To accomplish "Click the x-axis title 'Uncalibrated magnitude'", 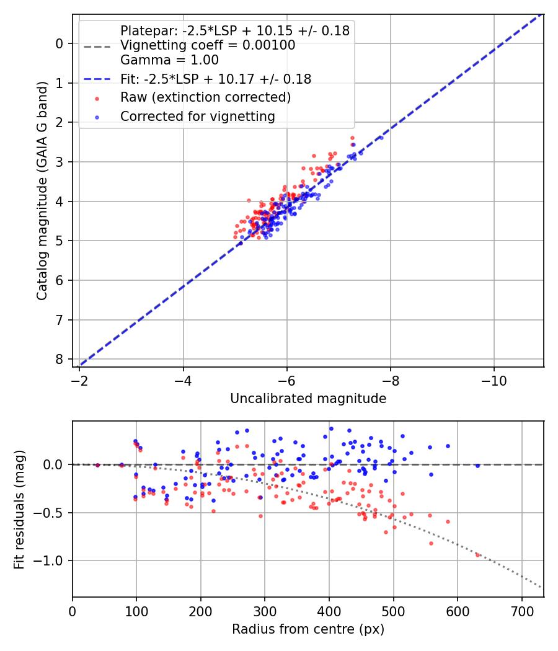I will [x=308, y=399].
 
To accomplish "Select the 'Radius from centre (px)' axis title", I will [x=308, y=629].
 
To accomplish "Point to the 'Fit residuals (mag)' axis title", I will [x=19, y=509].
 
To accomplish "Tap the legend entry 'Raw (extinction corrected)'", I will [x=205, y=97].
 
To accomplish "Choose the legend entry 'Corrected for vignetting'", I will [x=197, y=116].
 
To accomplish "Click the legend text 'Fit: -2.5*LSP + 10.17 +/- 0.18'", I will [x=216, y=79].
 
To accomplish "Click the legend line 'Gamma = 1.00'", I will [x=169, y=60].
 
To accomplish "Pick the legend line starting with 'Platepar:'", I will [x=235, y=30].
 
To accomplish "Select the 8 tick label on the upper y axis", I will [x=60, y=360].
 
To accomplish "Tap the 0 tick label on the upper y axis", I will [x=60, y=43].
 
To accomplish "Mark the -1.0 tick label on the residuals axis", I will [x=52, y=560].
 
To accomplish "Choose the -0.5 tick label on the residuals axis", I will [x=52, y=513].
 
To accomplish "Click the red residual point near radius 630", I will [x=477, y=555].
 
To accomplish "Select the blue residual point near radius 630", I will [x=477, y=465].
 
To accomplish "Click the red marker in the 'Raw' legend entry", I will [x=96, y=98].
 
